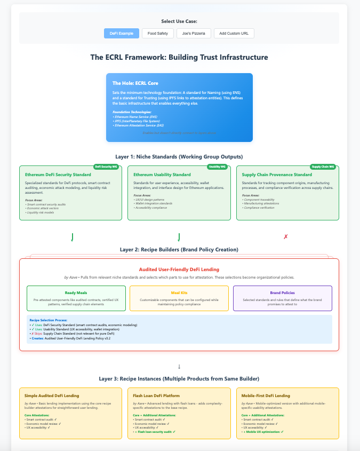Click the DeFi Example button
pos(122,33)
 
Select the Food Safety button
pos(157,33)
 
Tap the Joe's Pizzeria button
pos(194,33)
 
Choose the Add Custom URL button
pos(234,33)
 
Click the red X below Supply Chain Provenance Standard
pos(286,236)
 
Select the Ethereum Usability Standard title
pos(162,175)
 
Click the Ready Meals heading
pos(76,292)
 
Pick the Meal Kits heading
pos(179,292)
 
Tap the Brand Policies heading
pos(283,292)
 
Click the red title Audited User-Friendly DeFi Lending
pos(179,270)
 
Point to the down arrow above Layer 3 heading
pos(179,367)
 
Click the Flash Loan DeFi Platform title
pos(157,395)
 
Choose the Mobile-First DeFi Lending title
pos(266,395)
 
